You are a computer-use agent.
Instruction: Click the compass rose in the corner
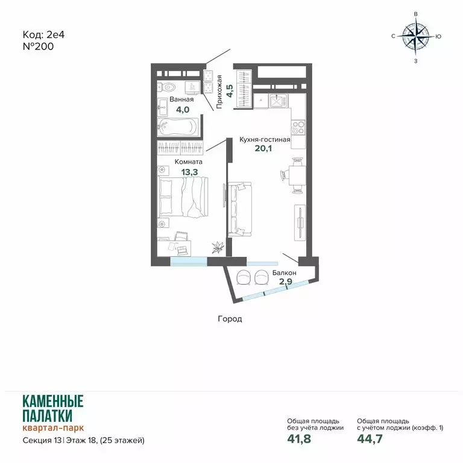pyautogui.click(x=415, y=36)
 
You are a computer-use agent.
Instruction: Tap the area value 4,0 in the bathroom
pyautogui.click(x=182, y=110)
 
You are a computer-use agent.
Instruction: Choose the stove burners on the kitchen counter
pyautogui.click(x=298, y=127)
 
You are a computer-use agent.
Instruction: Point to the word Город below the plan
pyautogui.click(x=230, y=319)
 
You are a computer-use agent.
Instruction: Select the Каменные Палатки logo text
pyautogui.click(x=52, y=408)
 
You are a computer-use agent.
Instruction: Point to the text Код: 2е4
pyautogui.click(x=43, y=34)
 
